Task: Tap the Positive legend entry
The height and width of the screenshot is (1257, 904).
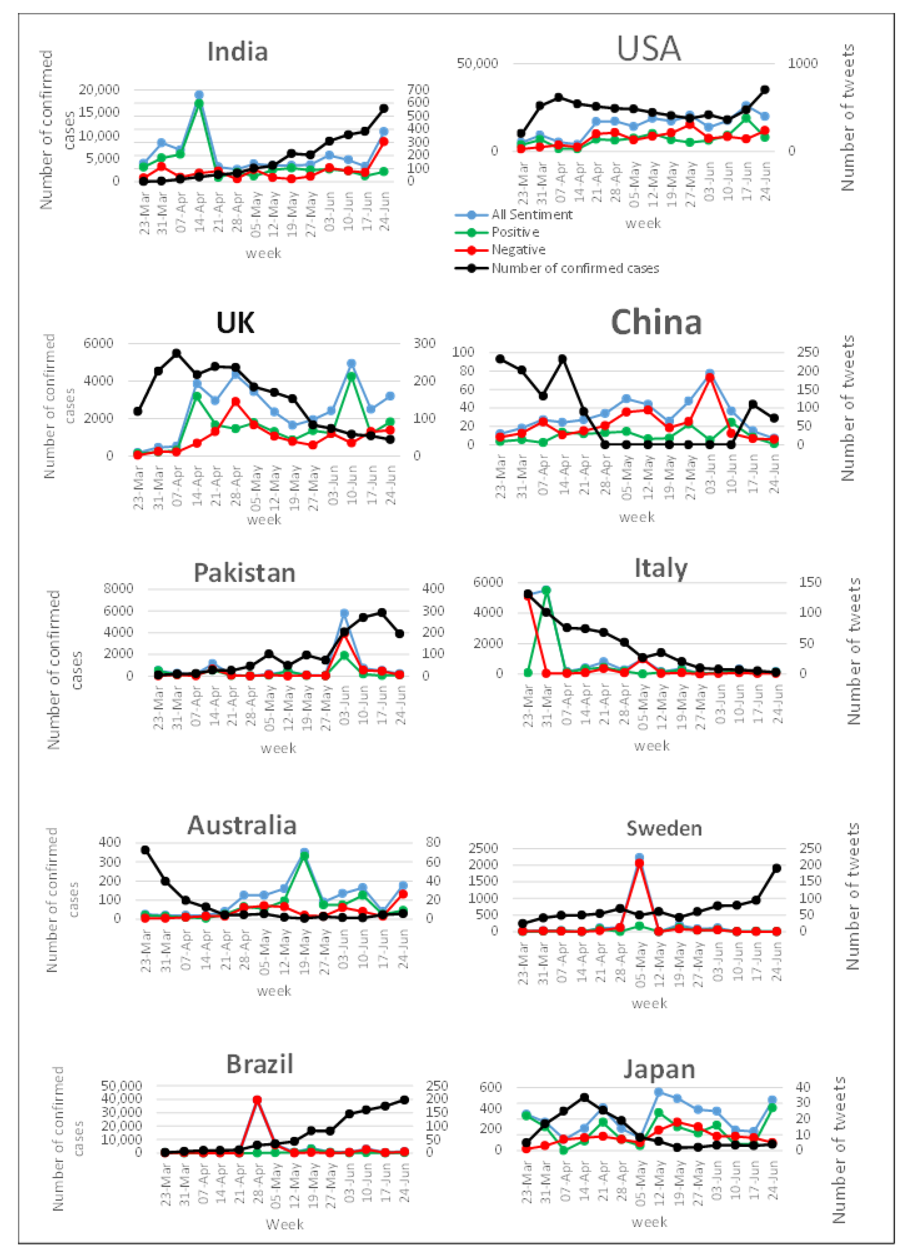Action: (514, 232)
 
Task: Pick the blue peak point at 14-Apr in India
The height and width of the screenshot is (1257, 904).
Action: (199, 95)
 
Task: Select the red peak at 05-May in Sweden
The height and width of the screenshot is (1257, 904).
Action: (639, 863)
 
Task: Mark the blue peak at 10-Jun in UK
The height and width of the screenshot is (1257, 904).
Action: (351, 364)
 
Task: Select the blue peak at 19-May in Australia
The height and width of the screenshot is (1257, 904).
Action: (304, 852)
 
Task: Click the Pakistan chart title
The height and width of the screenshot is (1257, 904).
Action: (244, 573)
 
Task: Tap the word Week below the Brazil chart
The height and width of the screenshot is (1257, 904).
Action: (284, 1224)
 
